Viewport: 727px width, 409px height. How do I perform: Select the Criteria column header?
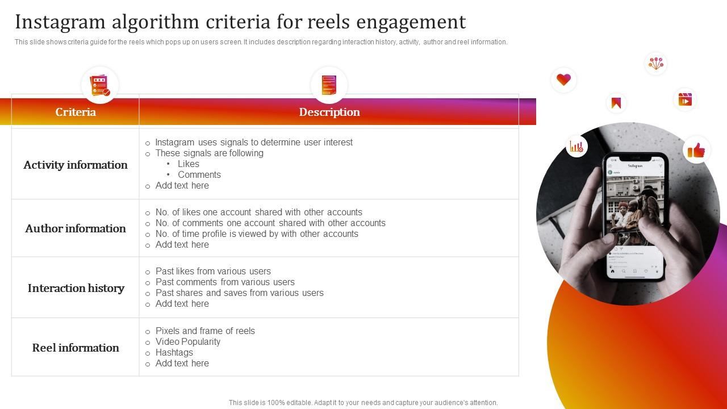76,112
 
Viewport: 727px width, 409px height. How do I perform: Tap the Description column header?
329,112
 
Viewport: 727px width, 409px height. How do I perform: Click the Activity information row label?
76,165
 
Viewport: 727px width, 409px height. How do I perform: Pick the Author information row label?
76,228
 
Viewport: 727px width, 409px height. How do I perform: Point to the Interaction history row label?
76,288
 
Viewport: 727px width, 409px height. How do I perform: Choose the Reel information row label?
76,348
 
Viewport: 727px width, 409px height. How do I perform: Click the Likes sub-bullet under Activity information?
188,164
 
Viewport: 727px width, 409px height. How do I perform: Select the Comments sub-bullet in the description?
199,175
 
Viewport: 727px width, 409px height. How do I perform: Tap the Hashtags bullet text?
174,353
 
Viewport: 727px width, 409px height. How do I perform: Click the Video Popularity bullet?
187,342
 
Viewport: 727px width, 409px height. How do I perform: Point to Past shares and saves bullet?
239,293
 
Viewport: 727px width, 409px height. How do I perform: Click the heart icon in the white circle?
563,80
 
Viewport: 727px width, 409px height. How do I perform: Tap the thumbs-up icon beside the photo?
696,150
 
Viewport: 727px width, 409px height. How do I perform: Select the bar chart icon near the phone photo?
576,147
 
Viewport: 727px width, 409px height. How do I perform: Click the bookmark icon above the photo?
616,103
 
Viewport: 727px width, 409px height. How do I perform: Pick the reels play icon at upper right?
685,99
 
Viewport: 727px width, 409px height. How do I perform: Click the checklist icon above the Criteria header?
100,85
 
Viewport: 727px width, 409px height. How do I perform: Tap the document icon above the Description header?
329,85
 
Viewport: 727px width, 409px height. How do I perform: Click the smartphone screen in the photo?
635,216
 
